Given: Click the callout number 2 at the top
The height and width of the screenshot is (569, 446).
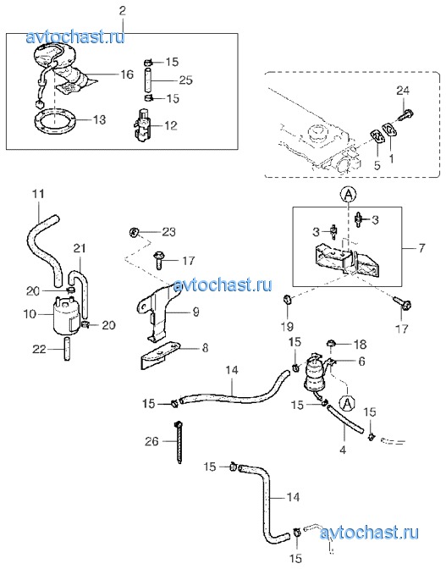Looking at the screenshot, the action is coord(122,10).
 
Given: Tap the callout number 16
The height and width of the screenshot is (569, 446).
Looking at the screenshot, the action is coord(127,75).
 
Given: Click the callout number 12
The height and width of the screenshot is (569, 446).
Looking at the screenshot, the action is coord(171,125).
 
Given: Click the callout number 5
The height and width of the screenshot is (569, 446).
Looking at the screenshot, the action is coord(377,165).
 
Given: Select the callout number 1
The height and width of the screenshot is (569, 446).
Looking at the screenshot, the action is coord(391,159).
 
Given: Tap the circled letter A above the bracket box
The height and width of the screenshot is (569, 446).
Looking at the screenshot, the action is coord(348,195).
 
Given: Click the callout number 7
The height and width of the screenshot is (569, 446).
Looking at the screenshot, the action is coord(421,248).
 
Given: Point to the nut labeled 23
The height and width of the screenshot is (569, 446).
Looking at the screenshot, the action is coord(135,232).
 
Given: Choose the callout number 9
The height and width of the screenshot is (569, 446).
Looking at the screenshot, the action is coord(195,312).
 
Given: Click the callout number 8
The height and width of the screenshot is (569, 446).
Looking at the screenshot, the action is coord(205,348).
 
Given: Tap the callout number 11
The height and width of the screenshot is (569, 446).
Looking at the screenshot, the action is coord(38,194).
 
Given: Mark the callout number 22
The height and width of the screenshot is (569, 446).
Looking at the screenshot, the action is coord(39,349).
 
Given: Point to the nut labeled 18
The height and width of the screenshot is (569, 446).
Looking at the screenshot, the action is coord(330,342).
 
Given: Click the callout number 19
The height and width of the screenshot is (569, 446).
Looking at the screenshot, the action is coord(287,326).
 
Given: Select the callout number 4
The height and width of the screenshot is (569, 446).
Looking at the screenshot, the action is coord(343,450).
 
